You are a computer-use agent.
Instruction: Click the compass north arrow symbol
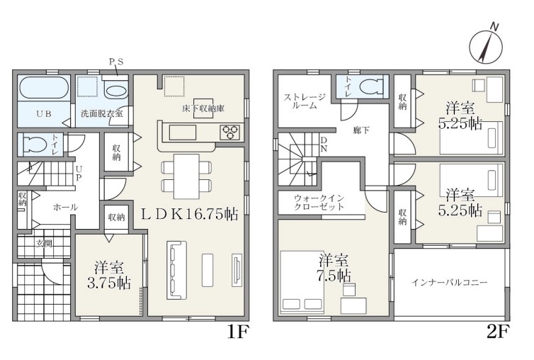tap(486, 47)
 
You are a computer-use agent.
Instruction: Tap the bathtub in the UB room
tap(42, 87)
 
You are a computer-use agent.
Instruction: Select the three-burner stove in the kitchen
tap(230, 133)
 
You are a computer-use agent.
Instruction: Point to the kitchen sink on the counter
tap(183, 133)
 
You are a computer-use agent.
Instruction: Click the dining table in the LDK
tap(186, 176)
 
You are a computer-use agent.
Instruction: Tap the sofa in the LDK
tap(176, 270)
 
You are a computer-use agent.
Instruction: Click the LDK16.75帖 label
tap(189, 214)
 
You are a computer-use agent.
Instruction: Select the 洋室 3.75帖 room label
tap(109, 275)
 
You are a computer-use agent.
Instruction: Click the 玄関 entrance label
tap(45, 243)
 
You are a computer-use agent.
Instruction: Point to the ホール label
tap(65, 207)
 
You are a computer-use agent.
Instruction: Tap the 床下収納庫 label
tap(203, 108)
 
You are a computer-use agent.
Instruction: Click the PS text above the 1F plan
tap(115, 62)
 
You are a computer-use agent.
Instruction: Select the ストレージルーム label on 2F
tap(305, 101)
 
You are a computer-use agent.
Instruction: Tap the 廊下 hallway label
tap(361, 130)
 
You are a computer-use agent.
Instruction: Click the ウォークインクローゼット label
tap(319, 202)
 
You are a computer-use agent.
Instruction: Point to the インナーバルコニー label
tap(450, 282)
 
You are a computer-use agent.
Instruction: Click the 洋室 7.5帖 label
tap(334, 267)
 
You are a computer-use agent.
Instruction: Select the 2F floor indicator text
tap(498, 332)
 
